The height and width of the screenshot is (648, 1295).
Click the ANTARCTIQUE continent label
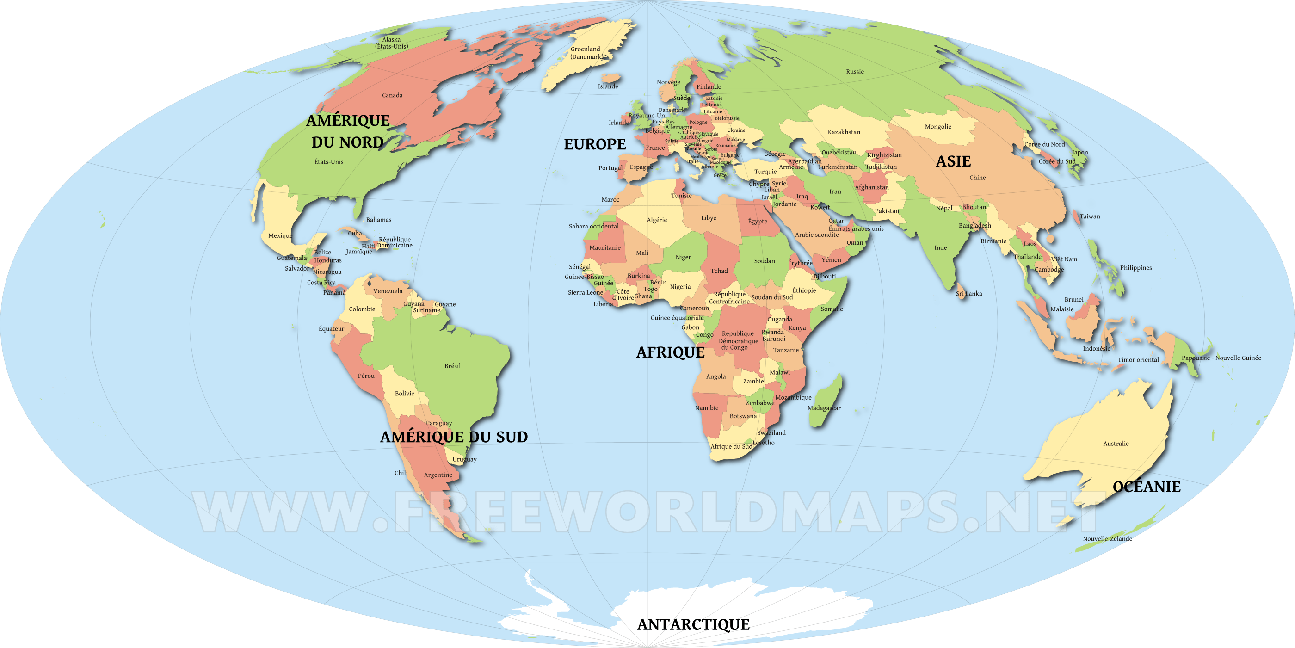(693, 624)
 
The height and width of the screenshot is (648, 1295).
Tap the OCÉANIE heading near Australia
(1146, 487)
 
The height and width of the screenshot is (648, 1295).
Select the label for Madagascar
(824, 408)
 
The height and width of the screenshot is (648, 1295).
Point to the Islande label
(608, 86)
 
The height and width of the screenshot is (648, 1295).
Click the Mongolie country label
(937, 127)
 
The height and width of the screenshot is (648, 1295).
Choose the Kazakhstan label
(844, 132)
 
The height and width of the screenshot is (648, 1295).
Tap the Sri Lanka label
(969, 294)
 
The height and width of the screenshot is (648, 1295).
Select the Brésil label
(452, 366)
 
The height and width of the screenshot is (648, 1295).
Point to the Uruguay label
(464, 459)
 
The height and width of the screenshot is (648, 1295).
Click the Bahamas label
(378, 220)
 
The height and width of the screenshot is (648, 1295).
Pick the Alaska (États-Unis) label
(391, 43)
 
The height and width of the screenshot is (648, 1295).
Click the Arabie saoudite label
(816, 235)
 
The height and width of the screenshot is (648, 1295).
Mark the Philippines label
(1135, 268)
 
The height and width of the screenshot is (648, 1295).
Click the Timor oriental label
(1138, 360)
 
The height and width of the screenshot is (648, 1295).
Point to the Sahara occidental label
(593, 226)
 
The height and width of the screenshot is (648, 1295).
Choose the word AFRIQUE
(670, 352)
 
